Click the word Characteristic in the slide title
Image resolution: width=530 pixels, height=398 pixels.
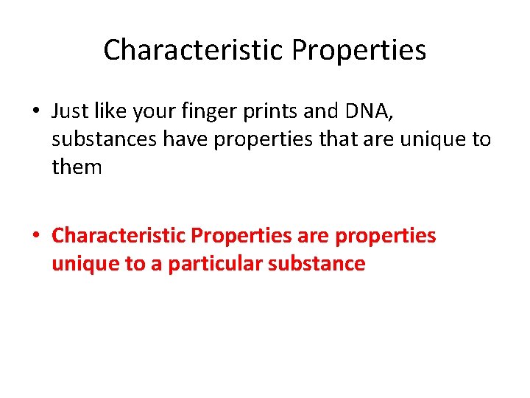[x=194, y=50]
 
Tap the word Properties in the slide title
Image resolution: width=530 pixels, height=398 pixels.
[x=358, y=50]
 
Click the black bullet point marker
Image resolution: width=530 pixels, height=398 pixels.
[x=36, y=112]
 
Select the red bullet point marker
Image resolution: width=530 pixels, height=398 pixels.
[x=36, y=237]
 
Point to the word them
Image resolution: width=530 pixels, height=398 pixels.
[x=77, y=167]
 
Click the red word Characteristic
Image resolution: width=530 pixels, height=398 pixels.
[x=119, y=236]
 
